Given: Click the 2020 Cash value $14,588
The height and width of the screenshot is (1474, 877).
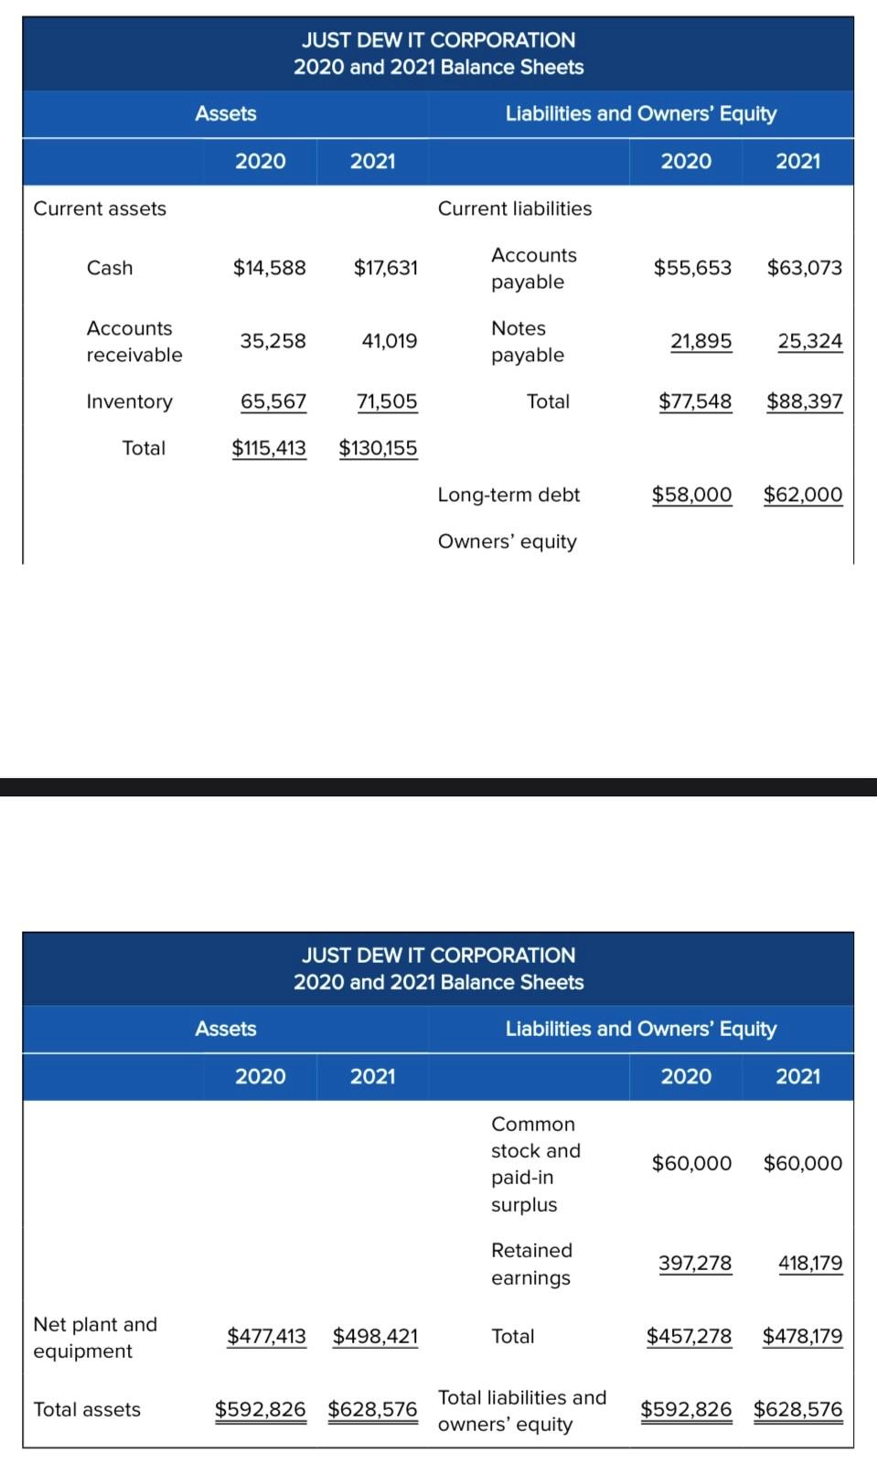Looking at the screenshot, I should click(x=269, y=268).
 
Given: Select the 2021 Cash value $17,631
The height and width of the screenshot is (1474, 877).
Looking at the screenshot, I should click(x=385, y=268).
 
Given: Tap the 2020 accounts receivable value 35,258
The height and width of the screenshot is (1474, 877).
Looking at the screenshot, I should click(x=273, y=341).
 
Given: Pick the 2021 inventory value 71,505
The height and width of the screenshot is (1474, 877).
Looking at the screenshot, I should click(x=387, y=401).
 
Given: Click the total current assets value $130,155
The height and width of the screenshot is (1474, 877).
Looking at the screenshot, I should click(x=378, y=448).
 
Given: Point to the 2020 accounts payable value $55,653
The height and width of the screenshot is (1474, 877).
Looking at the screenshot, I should click(x=692, y=268).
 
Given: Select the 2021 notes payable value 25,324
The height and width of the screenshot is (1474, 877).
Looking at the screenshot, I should click(x=809, y=341).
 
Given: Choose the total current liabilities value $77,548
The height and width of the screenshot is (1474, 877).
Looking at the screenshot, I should click(x=695, y=401).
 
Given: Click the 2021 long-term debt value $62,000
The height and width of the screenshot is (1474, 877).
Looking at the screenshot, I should click(x=803, y=495).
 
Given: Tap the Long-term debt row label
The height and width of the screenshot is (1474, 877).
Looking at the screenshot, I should click(x=508, y=495).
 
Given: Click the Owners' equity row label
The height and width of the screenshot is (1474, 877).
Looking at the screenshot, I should click(x=507, y=541).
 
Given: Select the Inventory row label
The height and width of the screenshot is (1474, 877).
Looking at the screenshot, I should click(x=129, y=401).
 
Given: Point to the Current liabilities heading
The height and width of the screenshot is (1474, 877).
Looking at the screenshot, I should click(x=514, y=208).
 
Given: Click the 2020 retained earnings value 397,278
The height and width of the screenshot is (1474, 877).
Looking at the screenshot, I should click(x=695, y=1264).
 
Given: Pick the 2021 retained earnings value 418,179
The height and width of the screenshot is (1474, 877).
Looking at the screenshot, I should click(x=810, y=1264).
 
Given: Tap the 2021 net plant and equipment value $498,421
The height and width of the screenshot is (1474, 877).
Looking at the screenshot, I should click(x=375, y=1336).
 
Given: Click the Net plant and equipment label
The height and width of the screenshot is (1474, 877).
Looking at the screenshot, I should click(x=95, y=1337).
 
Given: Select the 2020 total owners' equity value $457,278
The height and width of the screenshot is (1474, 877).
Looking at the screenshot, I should click(x=689, y=1336).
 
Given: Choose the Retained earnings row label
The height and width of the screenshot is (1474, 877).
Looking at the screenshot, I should click(x=531, y=1264).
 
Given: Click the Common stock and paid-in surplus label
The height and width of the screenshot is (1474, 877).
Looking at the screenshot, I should click(x=535, y=1164).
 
